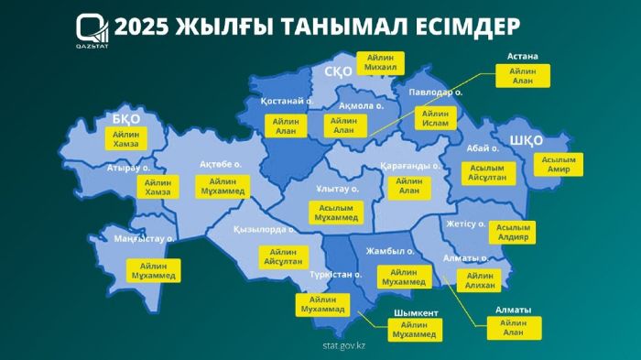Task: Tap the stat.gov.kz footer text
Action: click(x=344, y=345)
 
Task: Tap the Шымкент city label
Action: click(x=415, y=312)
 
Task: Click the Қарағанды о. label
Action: click(x=410, y=166)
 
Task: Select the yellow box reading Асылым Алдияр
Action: click(x=512, y=232)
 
